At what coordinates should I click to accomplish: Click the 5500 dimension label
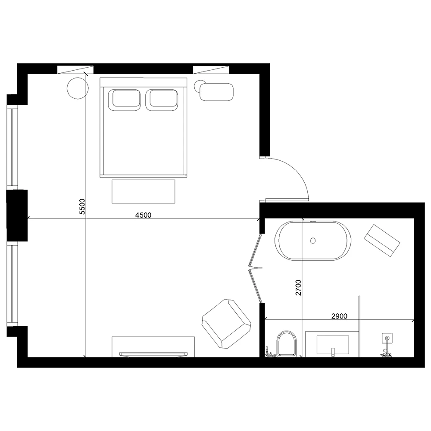point(82,206)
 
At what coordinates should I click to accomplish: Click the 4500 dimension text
point(143,215)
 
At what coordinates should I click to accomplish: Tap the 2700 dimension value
point(298,287)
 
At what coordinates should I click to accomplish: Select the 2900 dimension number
point(339,316)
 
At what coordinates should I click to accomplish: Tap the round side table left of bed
point(78,88)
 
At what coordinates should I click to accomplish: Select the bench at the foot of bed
point(144,191)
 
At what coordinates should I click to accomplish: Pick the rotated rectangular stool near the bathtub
point(382,240)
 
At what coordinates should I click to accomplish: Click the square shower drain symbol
point(387,337)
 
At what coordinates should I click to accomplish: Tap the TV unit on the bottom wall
point(153,347)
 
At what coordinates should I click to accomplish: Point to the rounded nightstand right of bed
point(216,92)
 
